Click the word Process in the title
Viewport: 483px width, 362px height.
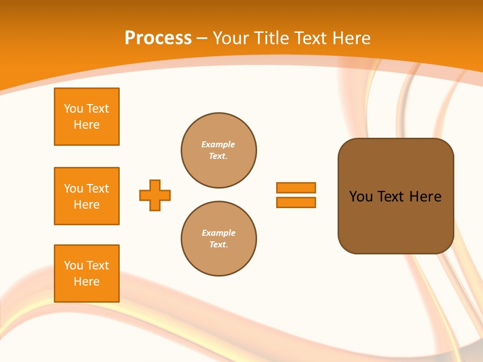point(158,38)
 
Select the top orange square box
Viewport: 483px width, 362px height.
point(87,117)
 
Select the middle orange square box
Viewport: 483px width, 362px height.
point(87,196)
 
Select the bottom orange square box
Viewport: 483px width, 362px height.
point(87,274)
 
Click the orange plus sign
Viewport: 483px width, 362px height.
point(155,195)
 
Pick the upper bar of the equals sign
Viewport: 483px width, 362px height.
point(296,188)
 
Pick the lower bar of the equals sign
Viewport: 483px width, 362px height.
point(296,203)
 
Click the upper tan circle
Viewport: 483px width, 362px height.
point(219,150)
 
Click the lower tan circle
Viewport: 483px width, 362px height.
point(219,239)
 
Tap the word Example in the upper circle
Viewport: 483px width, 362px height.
point(218,144)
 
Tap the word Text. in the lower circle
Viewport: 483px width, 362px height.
point(218,245)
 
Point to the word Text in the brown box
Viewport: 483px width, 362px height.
point(391,197)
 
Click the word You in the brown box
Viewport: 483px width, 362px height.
point(360,197)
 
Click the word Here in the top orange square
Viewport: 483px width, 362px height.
point(87,125)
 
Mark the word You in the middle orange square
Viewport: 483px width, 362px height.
point(73,189)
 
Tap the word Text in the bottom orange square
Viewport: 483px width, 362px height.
point(97,265)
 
